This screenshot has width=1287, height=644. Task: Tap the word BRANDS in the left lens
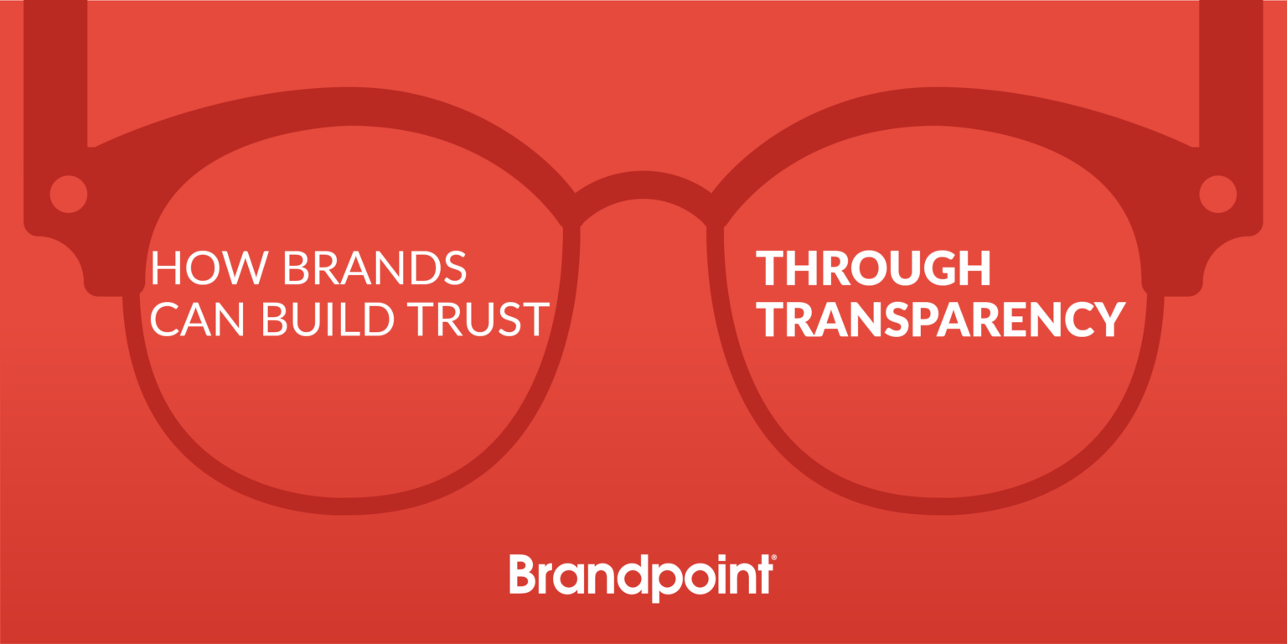coord(374,267)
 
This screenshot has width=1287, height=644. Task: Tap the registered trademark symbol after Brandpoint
coord(773,557)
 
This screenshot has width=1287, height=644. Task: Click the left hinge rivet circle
coord(69,194)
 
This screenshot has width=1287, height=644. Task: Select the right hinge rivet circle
coord(1217,194)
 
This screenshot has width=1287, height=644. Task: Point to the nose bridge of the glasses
coord(643,185)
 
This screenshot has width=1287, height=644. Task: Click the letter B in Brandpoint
coord(522,574)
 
